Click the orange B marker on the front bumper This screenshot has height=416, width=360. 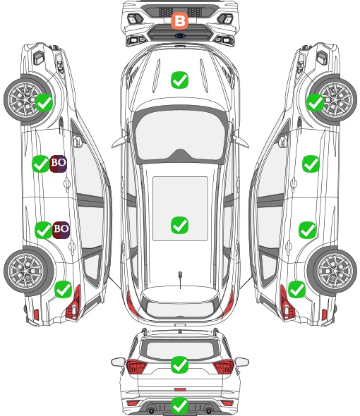pos(179,21)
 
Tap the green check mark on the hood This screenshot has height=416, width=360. pos(179,80)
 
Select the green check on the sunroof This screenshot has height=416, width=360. pos(179,225)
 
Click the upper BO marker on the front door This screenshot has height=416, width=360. pos(58,164)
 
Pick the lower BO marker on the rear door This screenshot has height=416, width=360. pos(61,230)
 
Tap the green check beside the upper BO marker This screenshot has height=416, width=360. pos(40,164)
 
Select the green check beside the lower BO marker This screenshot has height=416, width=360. pos(44,230)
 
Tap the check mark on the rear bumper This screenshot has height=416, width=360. pos(179,405)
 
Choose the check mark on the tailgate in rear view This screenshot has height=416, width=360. pos(179,365)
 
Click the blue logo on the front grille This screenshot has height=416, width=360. pos(180,35)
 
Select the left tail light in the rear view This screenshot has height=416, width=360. pos(136,366)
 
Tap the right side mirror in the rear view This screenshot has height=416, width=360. pos(242,362)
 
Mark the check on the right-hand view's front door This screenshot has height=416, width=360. pos(311,164)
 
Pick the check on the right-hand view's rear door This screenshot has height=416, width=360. pos(307,230)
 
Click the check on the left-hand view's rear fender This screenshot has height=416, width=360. pos(63,290)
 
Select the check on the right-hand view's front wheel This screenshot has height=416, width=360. pos(315,103)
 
